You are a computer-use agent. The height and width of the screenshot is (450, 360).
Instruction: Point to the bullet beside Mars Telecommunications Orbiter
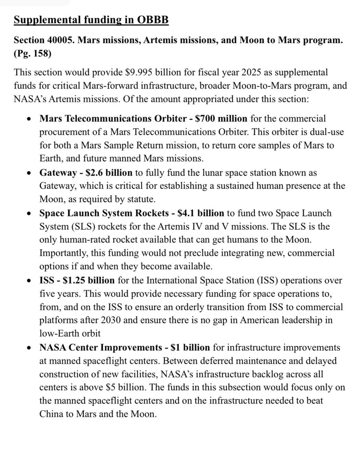point(30,119)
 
